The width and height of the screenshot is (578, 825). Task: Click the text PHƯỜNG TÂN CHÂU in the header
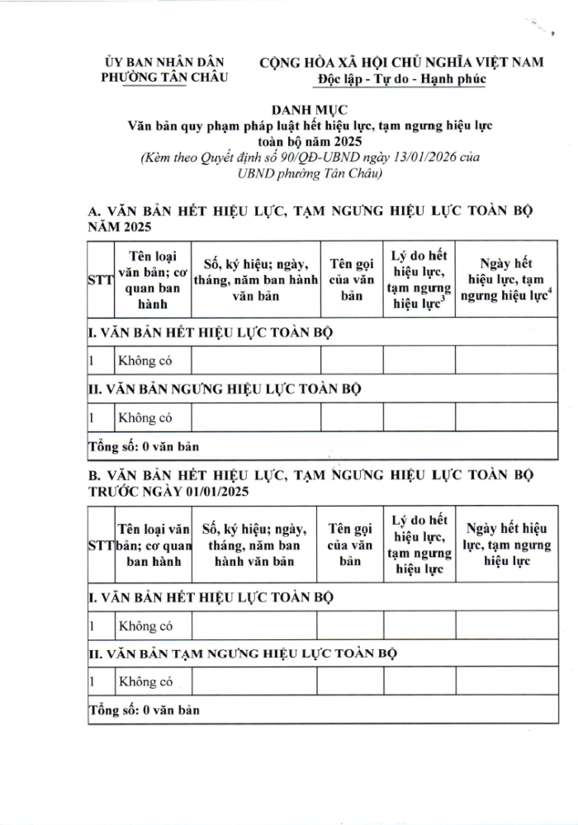pos(164,78)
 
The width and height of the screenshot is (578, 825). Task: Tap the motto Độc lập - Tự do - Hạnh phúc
pos(400,78)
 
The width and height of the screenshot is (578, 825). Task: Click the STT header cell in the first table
pos(99,280)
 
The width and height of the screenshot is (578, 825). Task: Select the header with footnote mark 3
pos(419,280)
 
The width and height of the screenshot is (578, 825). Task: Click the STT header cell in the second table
pos(99,548)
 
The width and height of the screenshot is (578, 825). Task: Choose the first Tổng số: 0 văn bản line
pos(144,446)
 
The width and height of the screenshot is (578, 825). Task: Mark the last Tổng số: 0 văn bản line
pos(144,709)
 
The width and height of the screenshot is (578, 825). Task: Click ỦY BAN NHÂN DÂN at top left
pos(164,63)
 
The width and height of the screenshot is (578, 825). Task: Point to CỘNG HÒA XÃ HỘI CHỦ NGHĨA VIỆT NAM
pos(400,63)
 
